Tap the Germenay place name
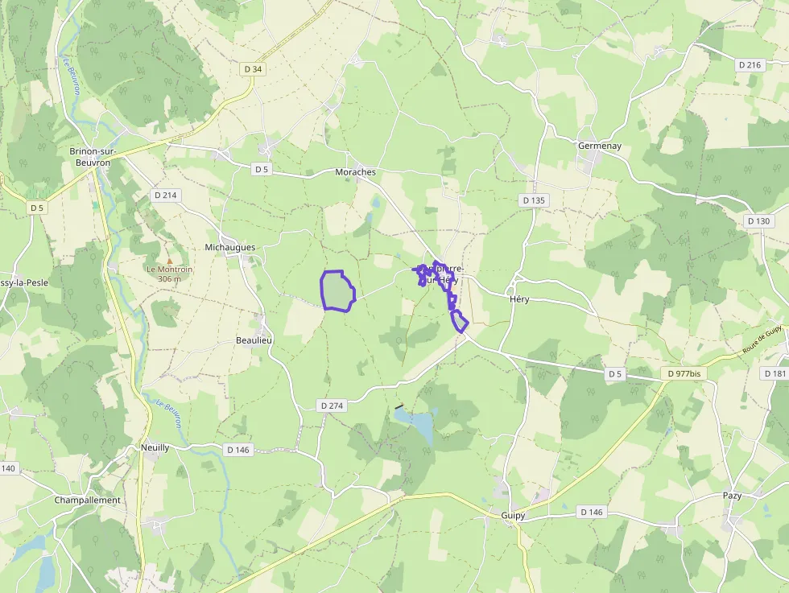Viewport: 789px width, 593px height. (600, 146)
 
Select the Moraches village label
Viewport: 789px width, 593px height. (355, 172)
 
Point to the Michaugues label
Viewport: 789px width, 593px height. (229, 247)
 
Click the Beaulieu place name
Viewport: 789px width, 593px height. (254, 340)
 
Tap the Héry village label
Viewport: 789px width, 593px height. (520, 299)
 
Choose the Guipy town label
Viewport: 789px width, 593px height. (513, 515)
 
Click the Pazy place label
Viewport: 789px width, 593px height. (732, 496)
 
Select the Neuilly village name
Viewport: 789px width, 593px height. (155, 447)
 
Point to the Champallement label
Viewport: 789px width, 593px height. (87, 500)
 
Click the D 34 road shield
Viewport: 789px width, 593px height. (253, 69)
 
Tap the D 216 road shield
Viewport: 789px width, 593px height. (750, 64)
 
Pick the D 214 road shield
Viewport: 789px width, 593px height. (164, 195)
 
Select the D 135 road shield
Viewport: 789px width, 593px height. (534, 200)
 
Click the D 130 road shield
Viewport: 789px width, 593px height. (758, 220)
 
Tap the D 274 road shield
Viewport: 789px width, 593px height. (332, 406)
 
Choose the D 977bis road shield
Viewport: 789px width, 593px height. (685, 373)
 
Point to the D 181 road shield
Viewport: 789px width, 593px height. (774, 373)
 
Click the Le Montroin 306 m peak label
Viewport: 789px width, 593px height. (169, 274)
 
